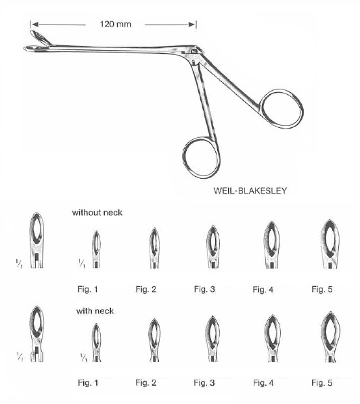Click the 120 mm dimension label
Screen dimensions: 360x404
pos(116,24)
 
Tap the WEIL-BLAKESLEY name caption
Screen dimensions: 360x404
pos(250,191)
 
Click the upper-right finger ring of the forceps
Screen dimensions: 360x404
pos(282,108)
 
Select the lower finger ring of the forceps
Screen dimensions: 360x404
pos(201,158)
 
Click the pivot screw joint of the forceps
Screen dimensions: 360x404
pos(194,51)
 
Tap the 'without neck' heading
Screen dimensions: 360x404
pos(97,212)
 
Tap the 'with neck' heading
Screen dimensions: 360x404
pos(95,311)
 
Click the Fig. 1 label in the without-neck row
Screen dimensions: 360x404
pos(87,289)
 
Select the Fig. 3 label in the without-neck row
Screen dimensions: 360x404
pos(204,289)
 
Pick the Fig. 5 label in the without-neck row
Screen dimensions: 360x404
pos(322,289)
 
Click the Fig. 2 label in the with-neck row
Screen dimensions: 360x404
pos(146,382)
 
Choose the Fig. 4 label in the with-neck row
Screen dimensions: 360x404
pos(263,382)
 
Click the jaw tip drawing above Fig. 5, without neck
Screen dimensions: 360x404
pos(330,244)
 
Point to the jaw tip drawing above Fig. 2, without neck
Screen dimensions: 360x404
pos(154,248)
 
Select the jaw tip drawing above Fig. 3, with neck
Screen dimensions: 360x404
pos(212,338)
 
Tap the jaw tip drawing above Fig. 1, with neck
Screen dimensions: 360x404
pos(96,342)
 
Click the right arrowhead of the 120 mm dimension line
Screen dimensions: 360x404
pos(192,24)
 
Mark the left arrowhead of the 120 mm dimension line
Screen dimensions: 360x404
pos(35,24)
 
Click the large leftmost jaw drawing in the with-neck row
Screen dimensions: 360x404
pos(37,334)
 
